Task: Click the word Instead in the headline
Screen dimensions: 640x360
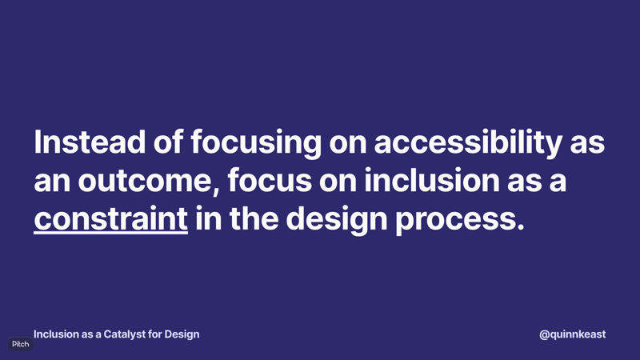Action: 90,142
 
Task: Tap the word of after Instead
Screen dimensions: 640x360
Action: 168,142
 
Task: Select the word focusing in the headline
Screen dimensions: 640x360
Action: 256,143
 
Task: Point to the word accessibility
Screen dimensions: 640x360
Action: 468,143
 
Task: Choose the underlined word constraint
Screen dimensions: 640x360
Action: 110,218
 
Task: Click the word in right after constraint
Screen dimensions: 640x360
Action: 209,218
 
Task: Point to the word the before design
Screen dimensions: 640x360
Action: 254,218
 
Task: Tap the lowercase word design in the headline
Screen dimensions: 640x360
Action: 337,220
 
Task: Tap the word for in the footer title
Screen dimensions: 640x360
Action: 154,334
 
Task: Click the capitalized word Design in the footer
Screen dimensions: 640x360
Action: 182,334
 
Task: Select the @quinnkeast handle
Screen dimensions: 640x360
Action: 572,334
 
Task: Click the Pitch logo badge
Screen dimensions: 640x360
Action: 21,344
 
